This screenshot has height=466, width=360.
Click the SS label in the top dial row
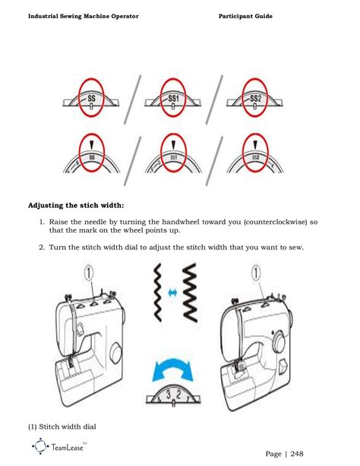pos(92,99)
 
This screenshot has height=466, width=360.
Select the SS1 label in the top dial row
pos(174,99)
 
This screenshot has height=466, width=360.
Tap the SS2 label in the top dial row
pos(256,99)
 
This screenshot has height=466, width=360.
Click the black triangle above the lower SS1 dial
pos(174,143)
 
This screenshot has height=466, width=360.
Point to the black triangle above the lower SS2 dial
pos(256,143)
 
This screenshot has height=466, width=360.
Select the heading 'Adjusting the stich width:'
pos(76,205)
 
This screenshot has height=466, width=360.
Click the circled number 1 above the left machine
pos(89,271)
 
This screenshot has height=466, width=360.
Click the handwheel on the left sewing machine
pos(115,353)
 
